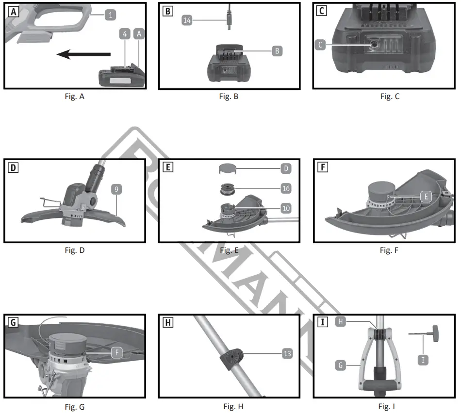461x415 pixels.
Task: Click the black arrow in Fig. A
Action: [x=84, y=55]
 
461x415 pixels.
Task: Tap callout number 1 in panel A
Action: [x=111, y=15]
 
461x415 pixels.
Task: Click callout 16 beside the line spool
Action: [x=286, y=188]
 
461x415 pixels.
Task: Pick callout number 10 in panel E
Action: [x=286, y=208]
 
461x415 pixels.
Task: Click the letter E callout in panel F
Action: [x=425, y=197]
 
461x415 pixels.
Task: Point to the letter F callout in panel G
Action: [x=116, y=353]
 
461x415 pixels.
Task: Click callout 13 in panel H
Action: [x=287, y=354]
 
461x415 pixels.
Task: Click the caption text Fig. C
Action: [x=390, y=96]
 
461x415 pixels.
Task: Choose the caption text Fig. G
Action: [x=74, y=407]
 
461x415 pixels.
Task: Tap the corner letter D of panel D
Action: [x=13, y=168]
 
